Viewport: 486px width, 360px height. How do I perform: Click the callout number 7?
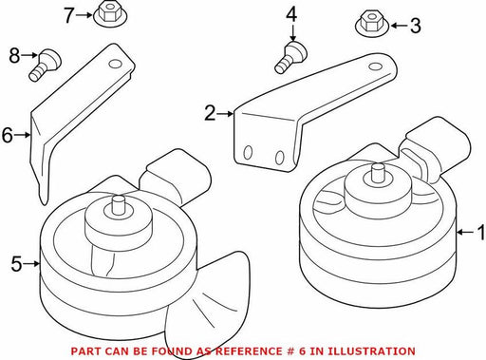point(68,15)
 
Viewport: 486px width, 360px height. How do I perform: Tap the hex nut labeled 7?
point(108,14)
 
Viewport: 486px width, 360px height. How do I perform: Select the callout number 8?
point(14,56)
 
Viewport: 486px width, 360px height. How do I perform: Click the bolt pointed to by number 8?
point(45,65)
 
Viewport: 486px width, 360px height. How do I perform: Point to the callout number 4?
point(291,15)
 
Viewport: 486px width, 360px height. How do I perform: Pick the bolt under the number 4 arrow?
point(290,58)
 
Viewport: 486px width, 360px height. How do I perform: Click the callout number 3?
point(416,26)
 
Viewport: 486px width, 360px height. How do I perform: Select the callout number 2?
point(210,113)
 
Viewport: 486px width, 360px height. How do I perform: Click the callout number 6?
point(7,136)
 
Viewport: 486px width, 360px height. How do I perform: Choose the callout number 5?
point(16,264)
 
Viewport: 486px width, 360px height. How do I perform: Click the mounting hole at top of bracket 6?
point(115,64)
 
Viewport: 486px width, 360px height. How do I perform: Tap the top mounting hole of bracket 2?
point(375,66)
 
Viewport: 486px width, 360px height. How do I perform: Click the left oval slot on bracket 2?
point(248,153)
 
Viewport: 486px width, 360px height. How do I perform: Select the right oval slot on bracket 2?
point(279,158)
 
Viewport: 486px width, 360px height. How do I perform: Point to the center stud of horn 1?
point(378,173)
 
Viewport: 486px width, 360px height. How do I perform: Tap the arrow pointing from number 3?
point(399,26)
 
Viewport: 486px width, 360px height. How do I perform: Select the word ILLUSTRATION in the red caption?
point(371,351)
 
